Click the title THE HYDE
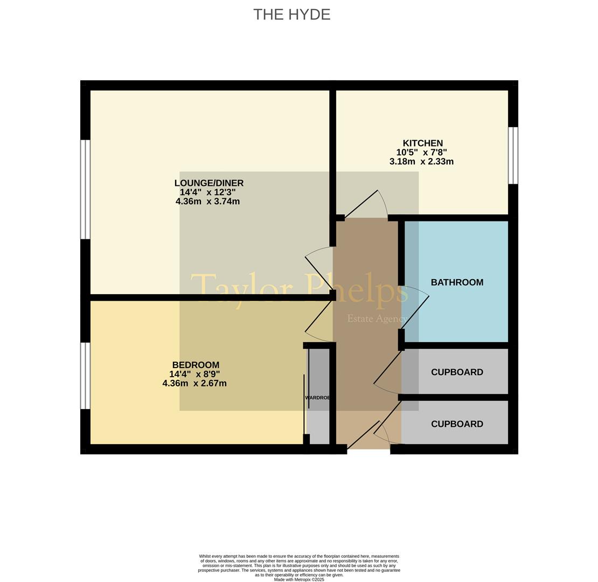(292, 15)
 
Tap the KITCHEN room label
(422, 143)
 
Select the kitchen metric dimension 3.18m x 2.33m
(421, 161)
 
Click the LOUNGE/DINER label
(208, 183)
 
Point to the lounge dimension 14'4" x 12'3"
(208, 192)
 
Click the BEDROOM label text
(196, 365)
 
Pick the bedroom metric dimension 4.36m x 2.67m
(194, 383)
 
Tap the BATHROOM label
(457, 282)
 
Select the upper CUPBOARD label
(457, 372)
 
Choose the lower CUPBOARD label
(457, 424)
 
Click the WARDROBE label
(317, 397)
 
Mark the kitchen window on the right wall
(513, 155)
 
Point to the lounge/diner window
(85, 190)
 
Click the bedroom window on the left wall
(85, 376)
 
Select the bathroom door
(415, 309)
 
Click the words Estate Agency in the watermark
(377, 319)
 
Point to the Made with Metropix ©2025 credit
(299, 579)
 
